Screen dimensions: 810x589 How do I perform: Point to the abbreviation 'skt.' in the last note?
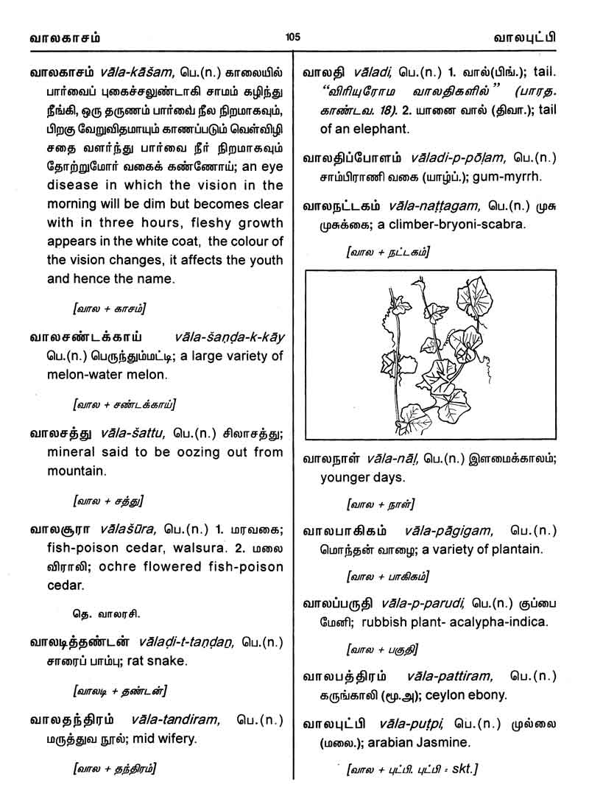[x=464, y=770]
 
